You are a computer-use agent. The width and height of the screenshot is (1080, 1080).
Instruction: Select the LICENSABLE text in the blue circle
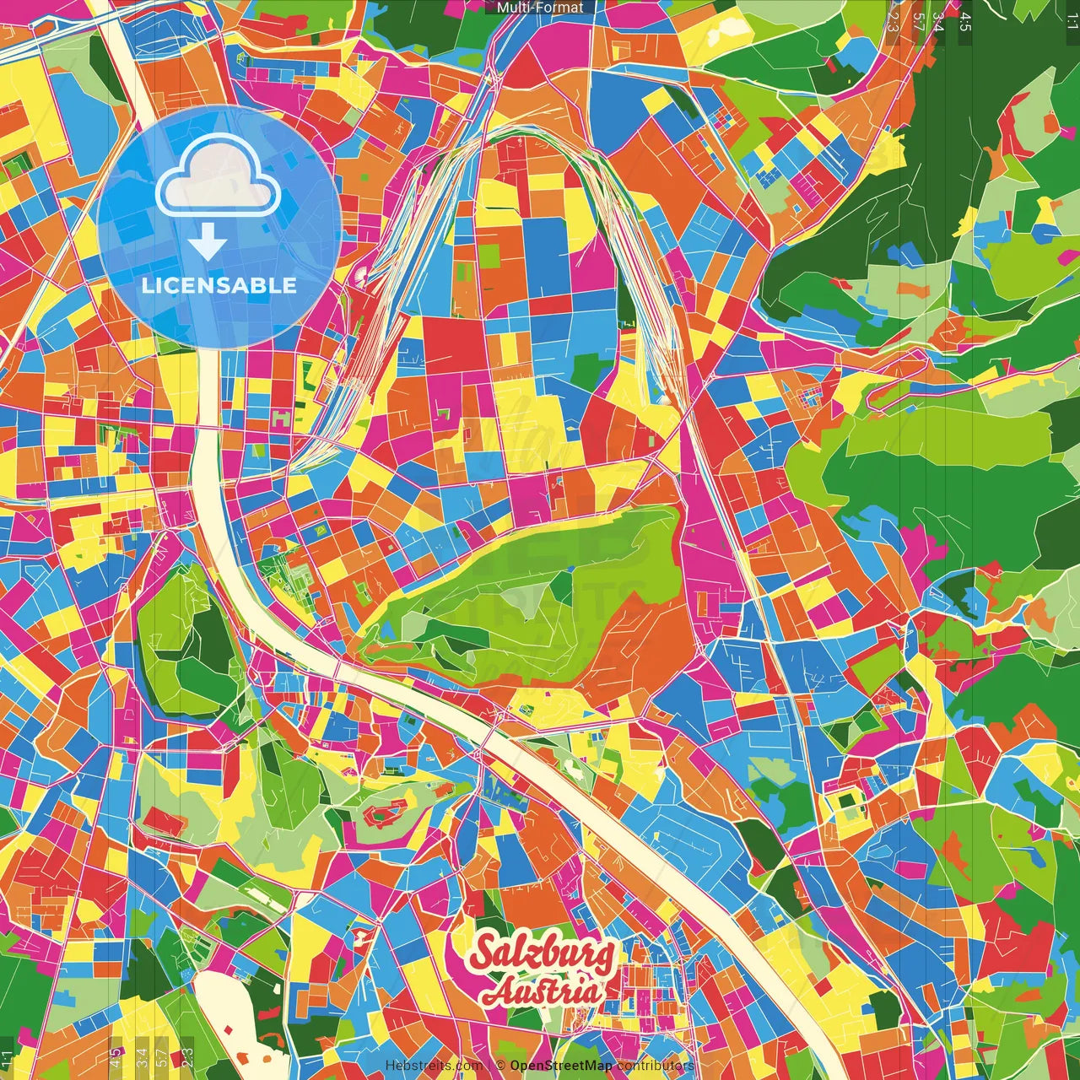[219, 285]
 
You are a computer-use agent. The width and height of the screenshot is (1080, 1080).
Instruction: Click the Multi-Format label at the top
[540, 8]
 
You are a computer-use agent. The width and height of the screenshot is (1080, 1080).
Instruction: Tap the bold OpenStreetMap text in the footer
[561, 1066]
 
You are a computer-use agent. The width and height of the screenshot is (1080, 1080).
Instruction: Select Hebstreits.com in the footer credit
[434, 1066]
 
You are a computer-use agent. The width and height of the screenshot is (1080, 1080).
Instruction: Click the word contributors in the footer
[655, 1066]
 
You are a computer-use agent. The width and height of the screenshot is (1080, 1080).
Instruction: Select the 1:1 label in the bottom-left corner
[7, 1058]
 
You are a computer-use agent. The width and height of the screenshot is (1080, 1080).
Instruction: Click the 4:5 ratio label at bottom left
[116, 1056]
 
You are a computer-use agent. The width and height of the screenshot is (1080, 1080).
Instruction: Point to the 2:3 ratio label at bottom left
[187, 1056]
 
